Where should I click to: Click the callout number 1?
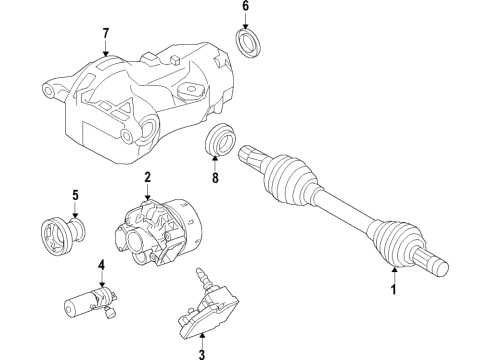point(393,291)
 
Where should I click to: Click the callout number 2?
point(146,177)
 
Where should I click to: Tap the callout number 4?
point(101,265)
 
